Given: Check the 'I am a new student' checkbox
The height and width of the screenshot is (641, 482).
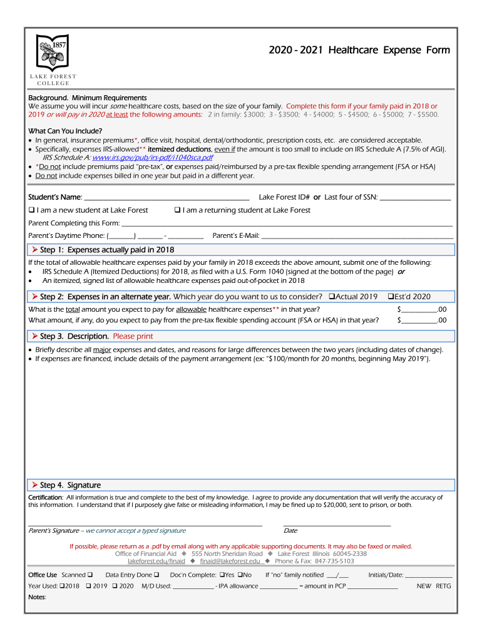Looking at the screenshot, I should (31, 210).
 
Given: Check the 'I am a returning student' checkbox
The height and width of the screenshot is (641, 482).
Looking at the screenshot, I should (178, 210).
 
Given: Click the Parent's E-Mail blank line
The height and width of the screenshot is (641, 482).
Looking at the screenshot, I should (357, 237).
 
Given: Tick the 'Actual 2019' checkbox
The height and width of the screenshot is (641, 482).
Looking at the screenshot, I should (332, 297).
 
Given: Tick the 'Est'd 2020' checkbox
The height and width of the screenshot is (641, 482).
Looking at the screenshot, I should (391, 297).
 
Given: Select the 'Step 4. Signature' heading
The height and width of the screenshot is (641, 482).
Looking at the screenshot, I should (70, 485).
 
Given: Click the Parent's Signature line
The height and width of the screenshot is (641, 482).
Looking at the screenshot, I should (145, 525).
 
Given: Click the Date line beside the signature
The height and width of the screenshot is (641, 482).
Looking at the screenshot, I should (337, 525).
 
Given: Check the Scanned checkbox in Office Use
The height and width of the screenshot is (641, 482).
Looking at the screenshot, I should (91, 575).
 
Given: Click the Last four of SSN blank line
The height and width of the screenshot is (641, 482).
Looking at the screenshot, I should (415, 198).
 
